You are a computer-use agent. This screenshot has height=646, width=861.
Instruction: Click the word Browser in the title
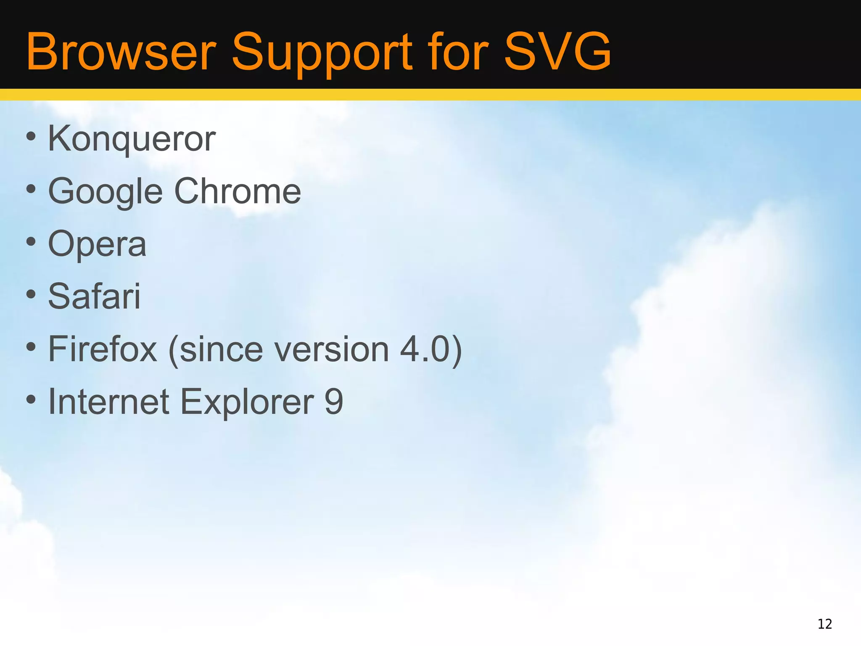point(121,52)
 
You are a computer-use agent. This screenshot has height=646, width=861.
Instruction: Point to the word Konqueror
point(132,139)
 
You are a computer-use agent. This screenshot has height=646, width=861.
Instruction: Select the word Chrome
point(238,191)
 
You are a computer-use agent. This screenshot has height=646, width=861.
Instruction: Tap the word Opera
point(97,244)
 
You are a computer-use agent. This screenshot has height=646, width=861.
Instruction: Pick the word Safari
point(94,297)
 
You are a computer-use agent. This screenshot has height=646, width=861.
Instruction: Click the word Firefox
point(103,349)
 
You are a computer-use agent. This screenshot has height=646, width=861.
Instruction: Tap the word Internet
point(109,402)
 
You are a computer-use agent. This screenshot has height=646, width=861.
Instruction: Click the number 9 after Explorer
point(334,402)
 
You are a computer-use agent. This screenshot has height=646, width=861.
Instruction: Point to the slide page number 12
point(825,624)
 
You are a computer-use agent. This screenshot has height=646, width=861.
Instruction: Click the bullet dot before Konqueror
point(31,136)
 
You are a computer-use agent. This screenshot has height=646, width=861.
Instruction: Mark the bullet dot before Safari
point(31,294)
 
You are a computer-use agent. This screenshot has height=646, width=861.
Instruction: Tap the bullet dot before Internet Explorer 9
point(31,399)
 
